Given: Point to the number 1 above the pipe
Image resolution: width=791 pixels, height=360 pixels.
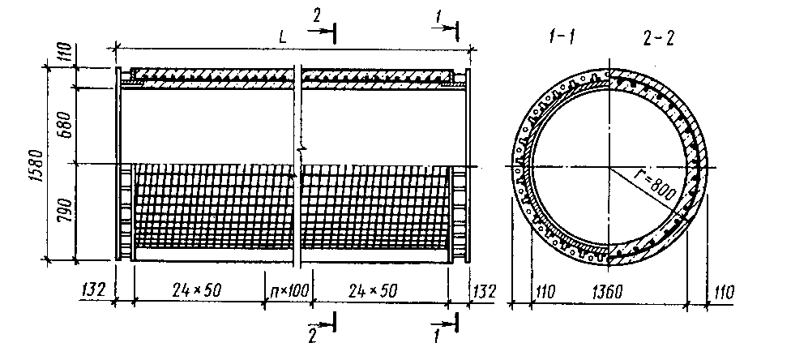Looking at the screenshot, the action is tap(439, 15).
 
